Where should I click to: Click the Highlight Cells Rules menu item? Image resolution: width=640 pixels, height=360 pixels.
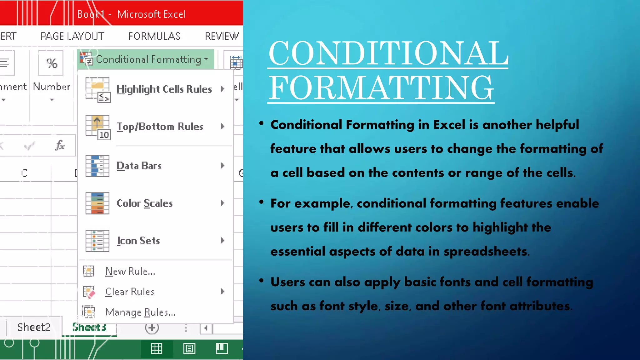(x=164, y=89)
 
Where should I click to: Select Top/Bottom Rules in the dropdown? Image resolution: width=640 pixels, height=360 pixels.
(x=160, y=127)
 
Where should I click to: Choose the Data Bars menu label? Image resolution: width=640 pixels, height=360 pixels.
(x=139, y=166)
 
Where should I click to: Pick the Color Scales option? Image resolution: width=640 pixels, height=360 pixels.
(x=144, y=203)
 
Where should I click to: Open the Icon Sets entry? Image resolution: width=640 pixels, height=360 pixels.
(x=138, y=241)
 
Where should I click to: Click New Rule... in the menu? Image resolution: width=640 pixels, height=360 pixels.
(x=130, y=271)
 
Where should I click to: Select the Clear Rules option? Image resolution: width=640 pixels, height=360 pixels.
(x=130, y=292)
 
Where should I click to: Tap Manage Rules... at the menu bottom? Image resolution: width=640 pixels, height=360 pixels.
(x=140, y=312)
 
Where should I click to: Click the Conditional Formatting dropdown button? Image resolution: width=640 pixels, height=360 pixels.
(x=146, y=59)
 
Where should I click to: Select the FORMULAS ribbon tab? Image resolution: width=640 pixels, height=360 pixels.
(x=154, y=36)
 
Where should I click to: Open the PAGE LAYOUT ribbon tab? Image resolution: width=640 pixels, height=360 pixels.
(x=72, y=36)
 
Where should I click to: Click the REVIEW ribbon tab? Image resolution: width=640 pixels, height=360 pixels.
(x=222, y=36)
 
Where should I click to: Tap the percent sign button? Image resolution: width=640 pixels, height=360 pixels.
(x=51, y=63)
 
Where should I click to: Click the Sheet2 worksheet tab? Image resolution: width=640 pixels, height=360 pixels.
(x=34, y=327)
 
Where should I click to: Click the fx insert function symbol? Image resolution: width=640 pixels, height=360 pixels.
(x=60, y=145)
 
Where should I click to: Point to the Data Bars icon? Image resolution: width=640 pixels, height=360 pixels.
(x=97, y=166)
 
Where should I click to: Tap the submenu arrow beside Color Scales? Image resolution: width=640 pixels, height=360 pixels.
(x=222, y=203)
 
